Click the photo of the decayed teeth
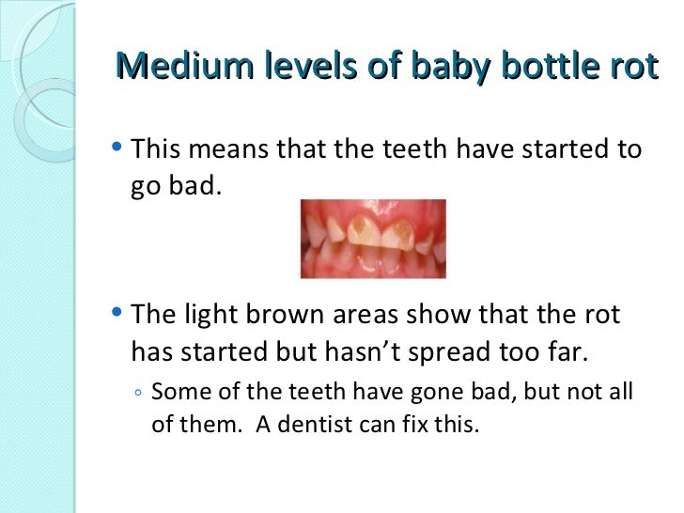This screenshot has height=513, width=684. pos(373,239)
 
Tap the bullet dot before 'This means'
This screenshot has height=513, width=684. pos(116,148)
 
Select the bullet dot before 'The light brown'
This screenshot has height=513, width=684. pos(116,312)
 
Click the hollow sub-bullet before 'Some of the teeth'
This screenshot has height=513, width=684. pos(137,394)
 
